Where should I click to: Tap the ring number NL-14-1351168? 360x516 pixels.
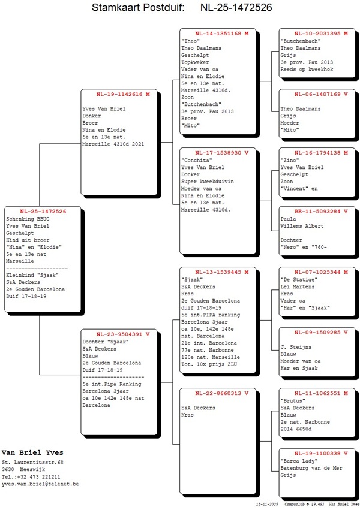218,33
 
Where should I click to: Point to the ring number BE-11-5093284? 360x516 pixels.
317,212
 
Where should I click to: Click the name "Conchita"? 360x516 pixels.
197,160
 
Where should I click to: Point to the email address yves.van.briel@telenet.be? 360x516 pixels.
40,484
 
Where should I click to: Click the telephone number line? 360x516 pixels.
31,477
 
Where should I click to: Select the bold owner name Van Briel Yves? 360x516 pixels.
32,452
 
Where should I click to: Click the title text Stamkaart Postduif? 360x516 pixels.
138,7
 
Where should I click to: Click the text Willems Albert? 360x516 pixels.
302,226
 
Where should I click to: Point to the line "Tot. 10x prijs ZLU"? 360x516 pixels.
209,364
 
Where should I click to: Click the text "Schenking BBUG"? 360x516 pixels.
28,219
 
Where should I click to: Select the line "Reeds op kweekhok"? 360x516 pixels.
307,69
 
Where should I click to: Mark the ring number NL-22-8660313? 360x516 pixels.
218,393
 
